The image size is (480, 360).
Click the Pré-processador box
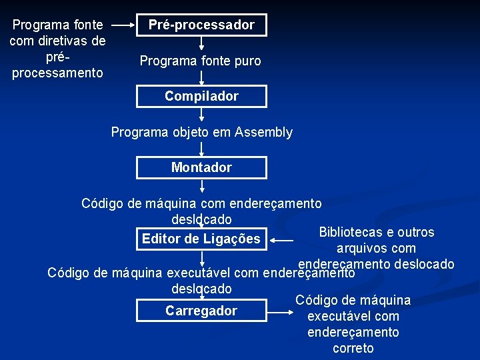tap(201, 25)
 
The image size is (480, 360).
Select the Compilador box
tap(201, 96)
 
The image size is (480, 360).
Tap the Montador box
tap(201, 167)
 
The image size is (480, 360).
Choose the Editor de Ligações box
tap(201, 239)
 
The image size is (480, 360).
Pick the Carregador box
tap(201, 311)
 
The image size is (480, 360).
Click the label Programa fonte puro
tap(200, 61)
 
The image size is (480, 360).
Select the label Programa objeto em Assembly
tap(201, 132)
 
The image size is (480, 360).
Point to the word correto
tap(353, 348)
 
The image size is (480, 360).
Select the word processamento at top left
tap(57, 72)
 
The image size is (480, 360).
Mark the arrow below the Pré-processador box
tap(201, 44)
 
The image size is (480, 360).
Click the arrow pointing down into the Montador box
tap(201, 149)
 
